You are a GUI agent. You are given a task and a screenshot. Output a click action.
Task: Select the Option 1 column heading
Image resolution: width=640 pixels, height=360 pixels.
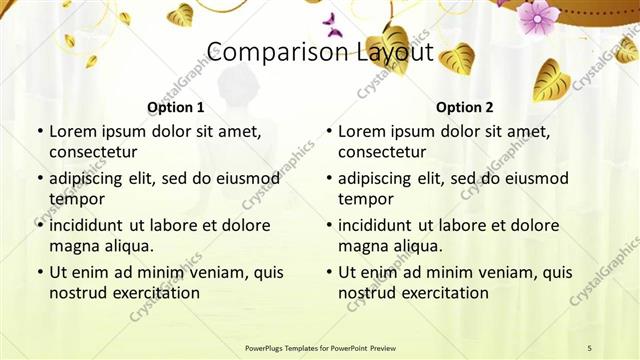tap(176, 107)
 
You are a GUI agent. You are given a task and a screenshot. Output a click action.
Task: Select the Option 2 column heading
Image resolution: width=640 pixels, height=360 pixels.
tap(465, 107)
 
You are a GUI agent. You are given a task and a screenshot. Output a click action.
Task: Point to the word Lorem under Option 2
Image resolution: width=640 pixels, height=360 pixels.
tap(362, 132)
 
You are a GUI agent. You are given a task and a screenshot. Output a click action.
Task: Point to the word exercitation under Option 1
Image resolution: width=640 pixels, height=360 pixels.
tap(154, 293)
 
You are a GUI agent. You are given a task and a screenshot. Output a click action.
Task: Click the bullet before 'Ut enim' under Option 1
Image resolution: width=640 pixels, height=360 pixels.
tap(39, 273)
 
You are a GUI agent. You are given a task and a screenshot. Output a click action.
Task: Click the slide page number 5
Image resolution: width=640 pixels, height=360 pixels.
tap(589, 347)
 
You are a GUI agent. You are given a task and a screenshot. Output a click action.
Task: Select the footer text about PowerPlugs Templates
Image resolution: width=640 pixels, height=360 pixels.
tap(320, 347)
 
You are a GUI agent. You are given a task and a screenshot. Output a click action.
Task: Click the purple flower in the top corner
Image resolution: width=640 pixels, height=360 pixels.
tap(538, 15)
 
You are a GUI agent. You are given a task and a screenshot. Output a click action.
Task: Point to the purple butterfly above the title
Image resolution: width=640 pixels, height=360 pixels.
tap(333, 25)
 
